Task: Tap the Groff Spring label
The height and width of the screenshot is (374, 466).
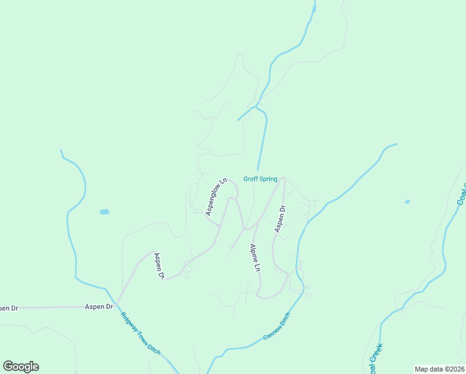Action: [260, 179]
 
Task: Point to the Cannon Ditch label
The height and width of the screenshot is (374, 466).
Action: [277, 328]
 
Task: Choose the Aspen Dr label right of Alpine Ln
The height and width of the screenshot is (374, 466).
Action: [280, 219]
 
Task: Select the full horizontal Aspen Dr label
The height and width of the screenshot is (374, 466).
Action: [100, 307]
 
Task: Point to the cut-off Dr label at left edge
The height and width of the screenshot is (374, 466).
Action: [7, 308]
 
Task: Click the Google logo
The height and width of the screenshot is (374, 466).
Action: [21, 367]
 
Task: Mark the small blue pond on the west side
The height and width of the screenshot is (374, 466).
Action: [104, 212]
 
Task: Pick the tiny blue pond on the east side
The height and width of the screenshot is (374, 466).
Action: [407, 201]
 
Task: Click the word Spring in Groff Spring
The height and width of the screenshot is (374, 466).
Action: [269, 179]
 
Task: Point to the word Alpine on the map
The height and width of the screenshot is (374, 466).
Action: [253, 252]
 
